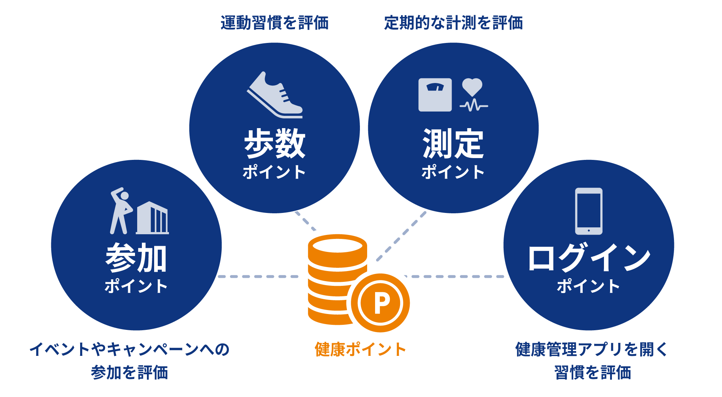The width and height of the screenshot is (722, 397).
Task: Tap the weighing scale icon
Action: pyautogui.click(x=435, y=95)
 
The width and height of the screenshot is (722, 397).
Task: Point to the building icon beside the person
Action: pyautogui.click(x=152, y=218)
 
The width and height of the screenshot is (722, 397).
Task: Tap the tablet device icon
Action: pyautogui.click(x=588, y=211)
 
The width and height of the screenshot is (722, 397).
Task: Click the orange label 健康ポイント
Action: pyautogui.click(x=360, y=349)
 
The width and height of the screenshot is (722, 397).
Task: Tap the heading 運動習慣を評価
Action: pyautogui.click(x=274, y=23)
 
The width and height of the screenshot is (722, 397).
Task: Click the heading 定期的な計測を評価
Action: pyautogui.click(x=453, y=23)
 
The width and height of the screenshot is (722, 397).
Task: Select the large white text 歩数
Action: pyautogui.click(x=274, y=144)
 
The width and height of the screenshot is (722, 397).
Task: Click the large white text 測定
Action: pyautogui.click(x=453, y=144)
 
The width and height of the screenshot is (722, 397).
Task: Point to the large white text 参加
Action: pyautogui.click(x=136, y=258)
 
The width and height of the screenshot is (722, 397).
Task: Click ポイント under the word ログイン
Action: pyautogui.click(x=588, y=286)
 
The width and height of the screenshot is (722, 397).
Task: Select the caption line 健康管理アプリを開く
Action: pyautogui.click(x=592, y=349)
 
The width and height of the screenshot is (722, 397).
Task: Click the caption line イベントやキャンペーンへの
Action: pyautogui.click(x=129, y=349)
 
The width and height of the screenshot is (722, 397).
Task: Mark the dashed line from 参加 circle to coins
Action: pyautogui.click(x=258, y=276)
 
